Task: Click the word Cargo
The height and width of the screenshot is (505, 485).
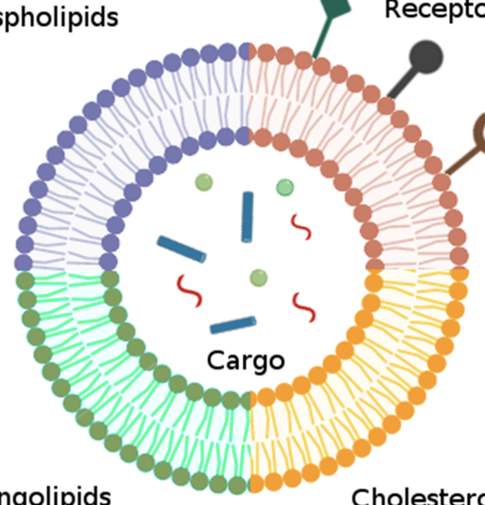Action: pyautogui.click(x=245, y=360)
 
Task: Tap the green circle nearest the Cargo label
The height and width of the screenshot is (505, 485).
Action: pyautogui.click(x=258, y=277)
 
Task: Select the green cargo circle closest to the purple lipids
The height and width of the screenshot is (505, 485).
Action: pyautogui.click(x=203, y=182)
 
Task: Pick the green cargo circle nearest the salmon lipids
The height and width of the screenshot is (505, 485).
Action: pyautogui.click(x=285, y=187)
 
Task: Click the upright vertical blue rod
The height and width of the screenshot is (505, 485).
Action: pyautogui.click(x=247, y=217)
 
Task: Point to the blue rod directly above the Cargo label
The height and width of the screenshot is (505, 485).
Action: pyautogui.click(x=233, y=325)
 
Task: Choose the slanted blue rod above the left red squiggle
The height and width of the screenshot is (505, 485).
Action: pyautogui.click(x=181, y=249)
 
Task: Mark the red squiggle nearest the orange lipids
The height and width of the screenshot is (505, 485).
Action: pyautogui.click(x=304, y=307)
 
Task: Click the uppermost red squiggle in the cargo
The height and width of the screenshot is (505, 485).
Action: pyautogui.click(x=300, y=227)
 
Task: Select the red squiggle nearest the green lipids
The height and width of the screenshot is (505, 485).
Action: pyautogui.click(x=189, y=290)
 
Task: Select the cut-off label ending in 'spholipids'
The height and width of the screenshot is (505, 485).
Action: pyautogui.click(x=59, y=17)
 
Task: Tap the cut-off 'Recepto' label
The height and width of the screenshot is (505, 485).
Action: pyautogui.click(x=434, y=10)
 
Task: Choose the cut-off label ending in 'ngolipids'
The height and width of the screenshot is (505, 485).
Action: pyautogui.click(x=55, y=495)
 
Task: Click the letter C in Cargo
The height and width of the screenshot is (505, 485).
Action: pyautogui.click(x=216, y=360)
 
